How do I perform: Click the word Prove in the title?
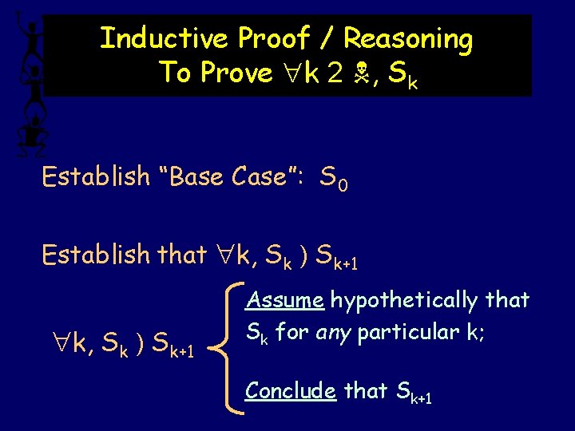[x=237, y=73]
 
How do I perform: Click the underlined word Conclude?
[x=291, y=390]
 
